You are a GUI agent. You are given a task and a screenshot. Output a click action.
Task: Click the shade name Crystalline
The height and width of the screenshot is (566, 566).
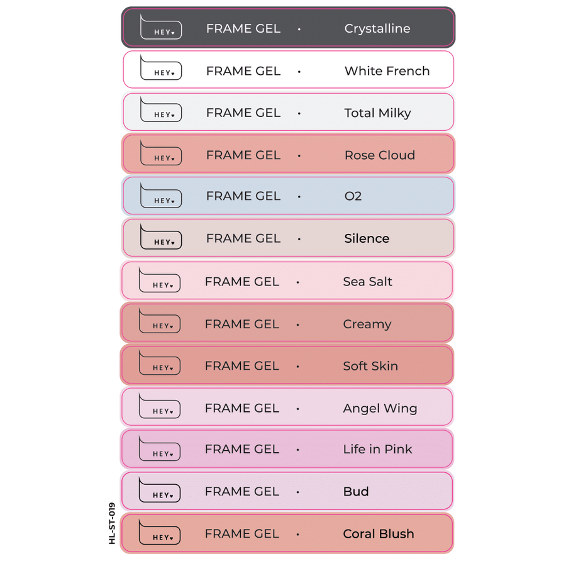[x=377, y=28]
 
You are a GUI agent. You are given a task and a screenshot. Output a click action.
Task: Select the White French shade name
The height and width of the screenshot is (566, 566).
[x=387, y=71]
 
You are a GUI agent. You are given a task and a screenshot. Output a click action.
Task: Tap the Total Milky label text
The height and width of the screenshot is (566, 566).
[x=377, y=113]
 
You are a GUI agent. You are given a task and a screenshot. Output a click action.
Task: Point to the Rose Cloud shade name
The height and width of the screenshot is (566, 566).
[x=379, y=155]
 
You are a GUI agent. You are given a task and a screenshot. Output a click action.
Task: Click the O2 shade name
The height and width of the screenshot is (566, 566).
[x=353, y=196]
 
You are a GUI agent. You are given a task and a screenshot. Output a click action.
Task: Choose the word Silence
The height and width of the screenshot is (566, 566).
[x=367, y=238]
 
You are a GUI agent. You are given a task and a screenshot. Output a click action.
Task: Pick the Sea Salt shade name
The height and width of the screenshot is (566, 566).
[x=367, y=282]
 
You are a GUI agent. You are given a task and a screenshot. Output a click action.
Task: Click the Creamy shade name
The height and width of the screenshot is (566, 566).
[x=367, y=325]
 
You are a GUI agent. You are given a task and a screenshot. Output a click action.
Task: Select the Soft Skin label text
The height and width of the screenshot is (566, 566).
[x=370, y=366]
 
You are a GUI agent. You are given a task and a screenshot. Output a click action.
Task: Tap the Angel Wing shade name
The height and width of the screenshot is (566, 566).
[x=380, y=408]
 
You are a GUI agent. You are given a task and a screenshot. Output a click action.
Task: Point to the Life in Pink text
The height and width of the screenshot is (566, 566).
[x=377, y=449]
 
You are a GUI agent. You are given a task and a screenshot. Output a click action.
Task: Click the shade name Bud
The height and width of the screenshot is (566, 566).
[x=355, y=491]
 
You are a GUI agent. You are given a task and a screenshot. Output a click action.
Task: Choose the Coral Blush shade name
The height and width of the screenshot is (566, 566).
[x=378, y=534]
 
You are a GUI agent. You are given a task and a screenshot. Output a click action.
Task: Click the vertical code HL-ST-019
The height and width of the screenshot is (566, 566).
[x=112, y=523]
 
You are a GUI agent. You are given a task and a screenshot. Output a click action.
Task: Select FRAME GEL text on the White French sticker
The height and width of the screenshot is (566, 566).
[x=243, y=71]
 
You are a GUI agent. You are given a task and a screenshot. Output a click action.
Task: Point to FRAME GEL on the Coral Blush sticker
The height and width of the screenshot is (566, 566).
[x=241, y=534]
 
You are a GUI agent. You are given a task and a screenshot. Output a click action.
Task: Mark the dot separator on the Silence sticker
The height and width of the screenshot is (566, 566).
[x=299, y=239]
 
